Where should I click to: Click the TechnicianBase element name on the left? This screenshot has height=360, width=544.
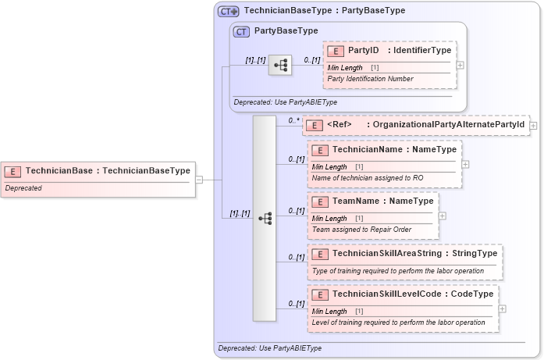(59, 170)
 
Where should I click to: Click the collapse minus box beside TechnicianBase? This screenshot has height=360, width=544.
(199, 179)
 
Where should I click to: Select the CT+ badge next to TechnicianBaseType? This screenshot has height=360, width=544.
(228, 11)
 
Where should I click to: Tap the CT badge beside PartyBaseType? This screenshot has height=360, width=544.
(241, 31)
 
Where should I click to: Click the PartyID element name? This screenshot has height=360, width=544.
(363, 51)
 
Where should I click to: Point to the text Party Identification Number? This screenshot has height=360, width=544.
(370, 79)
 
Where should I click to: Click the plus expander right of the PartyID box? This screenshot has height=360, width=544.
(460, 65)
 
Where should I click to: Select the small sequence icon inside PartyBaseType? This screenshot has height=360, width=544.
(279, 65)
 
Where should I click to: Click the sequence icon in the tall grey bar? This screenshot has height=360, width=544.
(265, 218)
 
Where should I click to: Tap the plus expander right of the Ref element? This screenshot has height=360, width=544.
(533, 125)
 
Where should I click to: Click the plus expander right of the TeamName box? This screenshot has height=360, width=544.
(443, 216)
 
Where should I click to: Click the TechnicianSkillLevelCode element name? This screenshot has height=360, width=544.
(386, 294)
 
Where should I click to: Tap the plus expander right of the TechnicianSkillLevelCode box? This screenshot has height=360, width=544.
(502, 308)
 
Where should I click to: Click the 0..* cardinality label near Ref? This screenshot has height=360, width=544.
(293, 120)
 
